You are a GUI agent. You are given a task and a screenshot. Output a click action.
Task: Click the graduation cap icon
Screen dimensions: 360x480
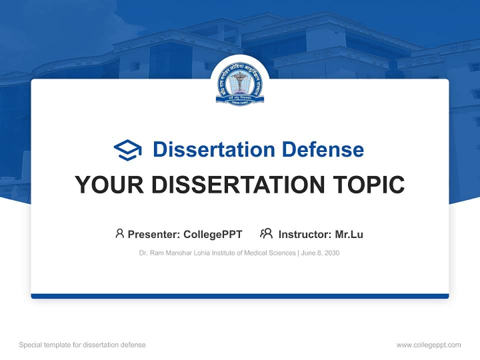click(127, 149)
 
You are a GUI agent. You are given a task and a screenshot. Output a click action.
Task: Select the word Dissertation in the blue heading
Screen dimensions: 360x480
click(213, 149)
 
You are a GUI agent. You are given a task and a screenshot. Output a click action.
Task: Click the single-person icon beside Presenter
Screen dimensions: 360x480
click(119, 233)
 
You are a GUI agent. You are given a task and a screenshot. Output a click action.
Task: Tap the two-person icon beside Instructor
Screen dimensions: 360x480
click(266, 233)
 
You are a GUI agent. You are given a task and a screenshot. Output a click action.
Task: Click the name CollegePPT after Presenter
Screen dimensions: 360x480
click(213, 234)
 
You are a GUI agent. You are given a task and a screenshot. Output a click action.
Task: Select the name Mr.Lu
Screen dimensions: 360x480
click(349, 234)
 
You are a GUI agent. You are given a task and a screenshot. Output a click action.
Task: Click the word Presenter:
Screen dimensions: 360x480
click(154, 234)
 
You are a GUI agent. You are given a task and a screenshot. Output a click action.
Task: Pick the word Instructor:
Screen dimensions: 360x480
click(305, 234)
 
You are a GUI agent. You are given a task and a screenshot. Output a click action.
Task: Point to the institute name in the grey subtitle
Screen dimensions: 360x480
click(217, 253)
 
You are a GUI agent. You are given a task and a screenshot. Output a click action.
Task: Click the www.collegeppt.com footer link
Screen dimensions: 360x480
click(428, 345)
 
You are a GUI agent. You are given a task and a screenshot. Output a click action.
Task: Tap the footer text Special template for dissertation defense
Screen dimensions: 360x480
click(82, 345)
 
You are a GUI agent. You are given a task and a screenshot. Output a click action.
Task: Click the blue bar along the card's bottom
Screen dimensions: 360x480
click(240, 296)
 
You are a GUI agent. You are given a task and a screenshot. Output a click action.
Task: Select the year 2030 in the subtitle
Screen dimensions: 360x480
click(331, 253)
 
